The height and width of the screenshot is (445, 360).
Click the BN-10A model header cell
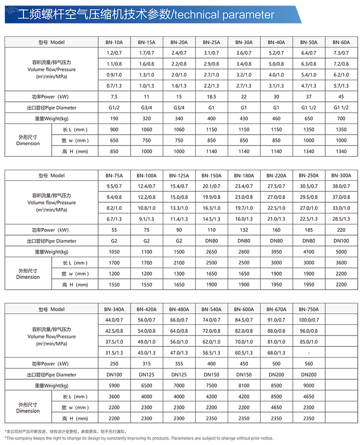coord(114,42)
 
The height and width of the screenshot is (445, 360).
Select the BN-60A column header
coord(342,42)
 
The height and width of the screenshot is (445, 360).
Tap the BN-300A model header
coord(342,176)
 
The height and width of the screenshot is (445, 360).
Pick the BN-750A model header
coord(309,309)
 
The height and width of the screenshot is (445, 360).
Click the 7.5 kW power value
coord(114,97)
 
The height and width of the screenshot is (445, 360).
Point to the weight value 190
coord(114,118)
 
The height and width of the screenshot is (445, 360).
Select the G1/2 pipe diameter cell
coord(114,108)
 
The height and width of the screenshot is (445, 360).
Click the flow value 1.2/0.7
coord(114,53)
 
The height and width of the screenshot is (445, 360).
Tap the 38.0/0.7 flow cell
coord(342,186)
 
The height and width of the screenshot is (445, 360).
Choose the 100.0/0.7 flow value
coord(309,320)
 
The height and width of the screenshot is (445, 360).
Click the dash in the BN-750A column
coord(309,353)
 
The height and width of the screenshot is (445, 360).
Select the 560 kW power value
coord(309,364)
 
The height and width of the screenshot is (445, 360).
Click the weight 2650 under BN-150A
coord(211,252)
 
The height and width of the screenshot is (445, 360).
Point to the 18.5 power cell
coord(211,97)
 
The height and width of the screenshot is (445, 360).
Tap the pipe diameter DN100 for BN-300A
coord(342,241)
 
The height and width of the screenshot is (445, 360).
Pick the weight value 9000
coord(309,386)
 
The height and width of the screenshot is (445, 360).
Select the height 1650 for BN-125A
coord(179,285)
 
